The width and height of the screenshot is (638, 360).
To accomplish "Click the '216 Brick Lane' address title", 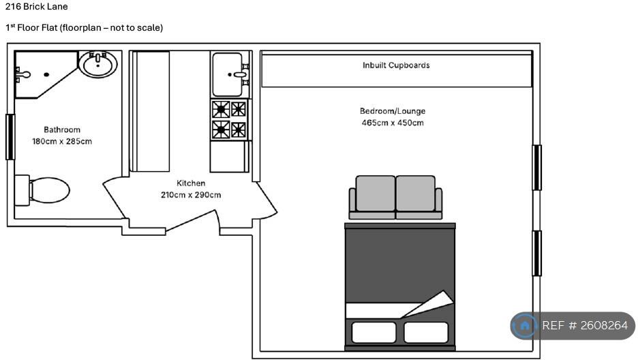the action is coord(37,7).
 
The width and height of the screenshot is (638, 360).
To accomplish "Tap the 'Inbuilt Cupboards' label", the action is coord(396,65).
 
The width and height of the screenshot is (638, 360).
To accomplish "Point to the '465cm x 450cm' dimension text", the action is coord(393,123).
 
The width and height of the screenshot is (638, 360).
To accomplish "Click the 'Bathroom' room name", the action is coord(62,130).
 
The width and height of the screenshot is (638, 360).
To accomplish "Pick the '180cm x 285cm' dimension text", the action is coord(62,142).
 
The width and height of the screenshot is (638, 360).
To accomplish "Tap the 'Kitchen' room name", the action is coord(191,183).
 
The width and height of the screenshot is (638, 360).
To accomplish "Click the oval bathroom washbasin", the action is coord(98,65).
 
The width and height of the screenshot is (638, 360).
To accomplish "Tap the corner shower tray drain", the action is coord(46,74).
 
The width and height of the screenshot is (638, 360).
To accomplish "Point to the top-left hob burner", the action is coord(221,108).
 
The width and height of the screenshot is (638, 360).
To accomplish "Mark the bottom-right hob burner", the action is coord(238,130).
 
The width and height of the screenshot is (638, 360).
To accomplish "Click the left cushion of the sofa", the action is coord(375,194).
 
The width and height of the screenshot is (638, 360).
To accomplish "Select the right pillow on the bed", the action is coord(426,333).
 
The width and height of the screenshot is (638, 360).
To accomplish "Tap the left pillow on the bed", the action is coord(374,333).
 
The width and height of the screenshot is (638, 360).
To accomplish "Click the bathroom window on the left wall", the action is coord(10,136).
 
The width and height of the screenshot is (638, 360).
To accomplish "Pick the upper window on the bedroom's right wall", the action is coord(537,167).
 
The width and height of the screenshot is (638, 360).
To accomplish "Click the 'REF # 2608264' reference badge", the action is coord(573,326).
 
